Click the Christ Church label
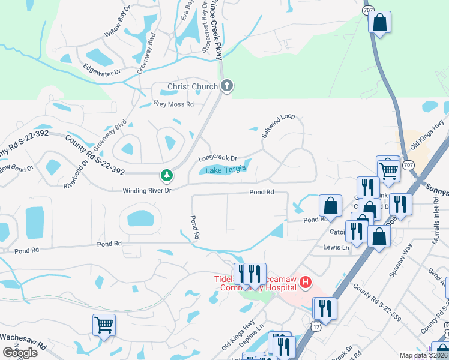click(x=192, y=87)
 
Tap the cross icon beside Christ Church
click(x=227, y=86)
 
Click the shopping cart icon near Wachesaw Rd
click(x=104, y=325)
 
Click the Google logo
click(x=19, y=353)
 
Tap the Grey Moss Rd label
click(x=173, y=104)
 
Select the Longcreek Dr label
click(x=218, y=158)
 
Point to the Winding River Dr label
click(x=147, y=190)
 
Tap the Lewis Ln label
click(x=336, y=247)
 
